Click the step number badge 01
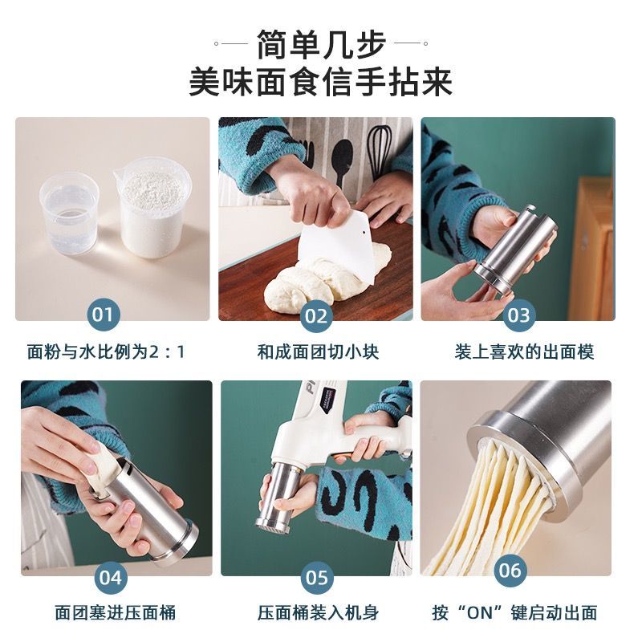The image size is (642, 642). [103, 315]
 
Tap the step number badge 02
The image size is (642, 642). [316, 315]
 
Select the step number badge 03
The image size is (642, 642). [518, 315]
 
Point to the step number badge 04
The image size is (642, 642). [111, 577]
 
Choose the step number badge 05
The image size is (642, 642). [317, 577]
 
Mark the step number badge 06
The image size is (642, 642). [510, 570]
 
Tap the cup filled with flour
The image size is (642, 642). [152, 208]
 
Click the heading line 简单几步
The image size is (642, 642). [322, 44]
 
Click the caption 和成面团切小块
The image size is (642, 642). [318, 352]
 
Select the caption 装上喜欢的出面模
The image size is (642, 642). [524, 352]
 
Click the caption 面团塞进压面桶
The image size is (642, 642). [116, 613]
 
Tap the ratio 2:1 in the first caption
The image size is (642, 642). [167, 352]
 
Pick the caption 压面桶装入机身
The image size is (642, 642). [318, 613]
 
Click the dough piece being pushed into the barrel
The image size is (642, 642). [102, 467]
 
